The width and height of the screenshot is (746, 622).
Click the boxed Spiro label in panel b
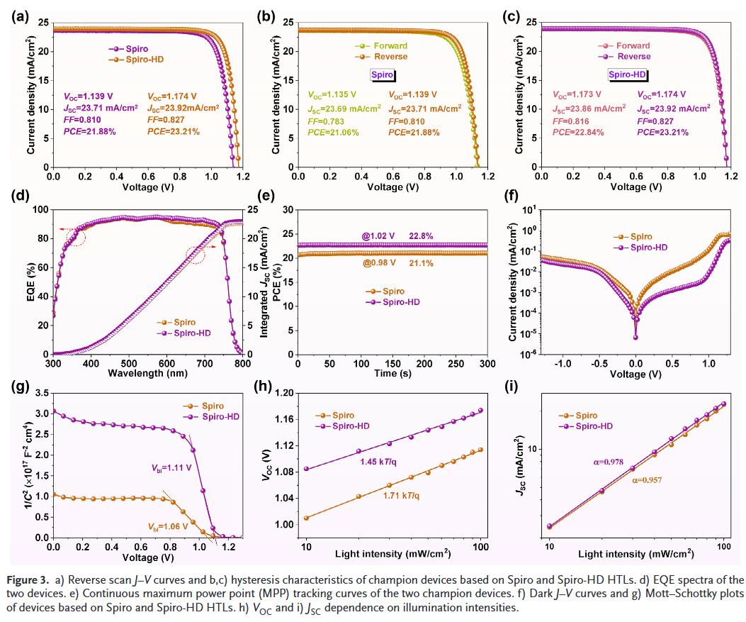pyautogui.click(x=383, y=74)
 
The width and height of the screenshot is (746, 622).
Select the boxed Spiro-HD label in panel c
pyautogui.click(x=628, y=74)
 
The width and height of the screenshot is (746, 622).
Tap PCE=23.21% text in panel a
pyautogui.click(x=174, y=131)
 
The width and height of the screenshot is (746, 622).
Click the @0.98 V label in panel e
pyautogui.click(x=380, y=263)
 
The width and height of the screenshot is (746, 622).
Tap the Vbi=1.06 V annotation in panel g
pyautogui.click(x=167, y=526)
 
